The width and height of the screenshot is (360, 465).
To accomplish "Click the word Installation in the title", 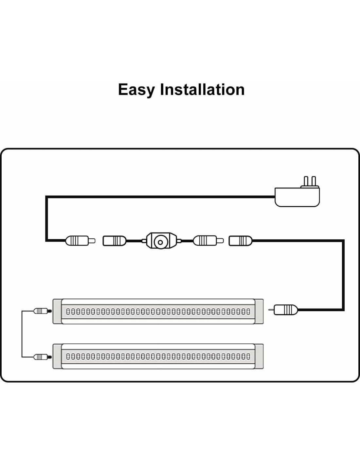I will pos(202,89).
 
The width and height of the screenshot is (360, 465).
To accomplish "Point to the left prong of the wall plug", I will pos(306,181).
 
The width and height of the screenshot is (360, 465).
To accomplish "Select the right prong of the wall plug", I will pos(314,181).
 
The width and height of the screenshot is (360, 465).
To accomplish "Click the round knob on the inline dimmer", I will pos(160,242).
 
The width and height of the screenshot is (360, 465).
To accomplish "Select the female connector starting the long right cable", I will pos(240,241).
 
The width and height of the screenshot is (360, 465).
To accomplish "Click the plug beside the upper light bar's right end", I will pos(285,309).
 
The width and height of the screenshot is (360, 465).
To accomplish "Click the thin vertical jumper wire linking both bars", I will pos(22,334).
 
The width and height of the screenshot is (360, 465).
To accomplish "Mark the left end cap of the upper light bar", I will pos(57,311).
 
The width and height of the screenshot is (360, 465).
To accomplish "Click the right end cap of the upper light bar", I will pos(259,311).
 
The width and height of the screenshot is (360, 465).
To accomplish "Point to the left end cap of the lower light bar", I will pos(57,356).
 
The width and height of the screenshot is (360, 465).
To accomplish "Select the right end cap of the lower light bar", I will pos(259,356).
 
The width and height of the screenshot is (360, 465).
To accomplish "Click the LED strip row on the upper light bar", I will pos(158,311).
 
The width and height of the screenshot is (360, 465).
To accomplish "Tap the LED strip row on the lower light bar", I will pos(158,356).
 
